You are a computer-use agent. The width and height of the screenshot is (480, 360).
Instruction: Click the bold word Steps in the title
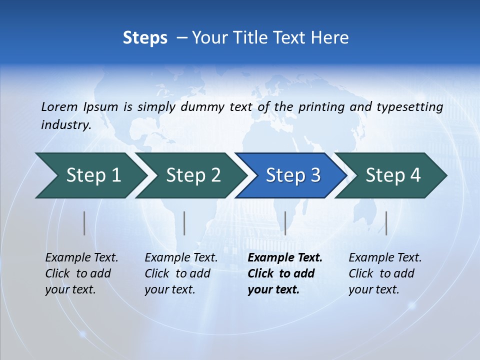145,38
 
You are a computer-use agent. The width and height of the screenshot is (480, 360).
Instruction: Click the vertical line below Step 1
84,223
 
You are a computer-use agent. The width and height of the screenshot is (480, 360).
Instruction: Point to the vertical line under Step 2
184,223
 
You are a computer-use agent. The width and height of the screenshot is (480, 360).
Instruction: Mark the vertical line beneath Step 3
285,223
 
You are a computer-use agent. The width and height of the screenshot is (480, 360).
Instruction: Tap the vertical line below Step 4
386,223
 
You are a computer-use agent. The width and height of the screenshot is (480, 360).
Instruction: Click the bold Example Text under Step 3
285,273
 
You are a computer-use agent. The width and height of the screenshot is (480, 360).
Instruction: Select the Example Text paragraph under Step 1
81,273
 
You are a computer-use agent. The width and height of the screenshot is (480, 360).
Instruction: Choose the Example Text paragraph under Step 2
181,273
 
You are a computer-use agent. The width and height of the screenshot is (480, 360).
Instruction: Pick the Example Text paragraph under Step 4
385,273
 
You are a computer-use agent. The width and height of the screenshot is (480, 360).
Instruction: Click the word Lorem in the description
59,107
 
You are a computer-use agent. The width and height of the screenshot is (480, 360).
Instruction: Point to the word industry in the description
65,125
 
